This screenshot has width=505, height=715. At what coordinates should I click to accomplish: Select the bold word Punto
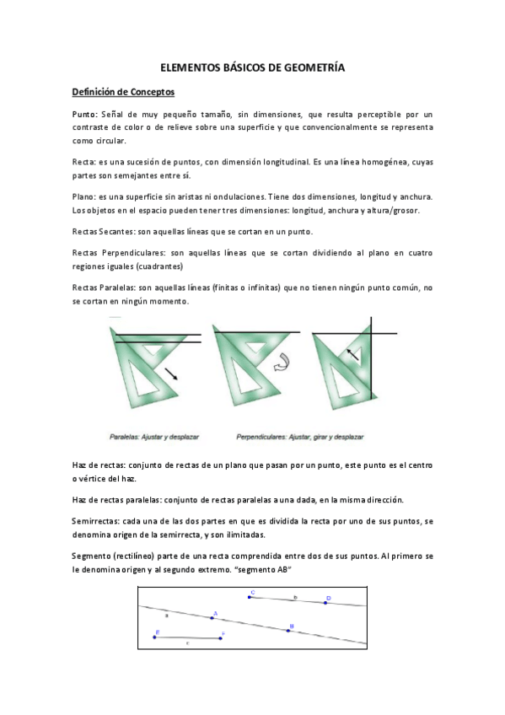pos(84,114)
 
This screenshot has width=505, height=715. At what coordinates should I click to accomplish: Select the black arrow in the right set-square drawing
pos(352,354)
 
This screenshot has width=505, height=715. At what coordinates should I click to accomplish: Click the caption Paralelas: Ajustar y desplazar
pos(151,438)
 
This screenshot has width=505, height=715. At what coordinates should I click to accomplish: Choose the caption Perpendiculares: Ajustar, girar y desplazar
pos(300,438)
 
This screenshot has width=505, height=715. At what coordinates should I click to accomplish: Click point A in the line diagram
pos(212,618)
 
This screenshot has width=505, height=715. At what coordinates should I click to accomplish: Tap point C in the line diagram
pos(250,598)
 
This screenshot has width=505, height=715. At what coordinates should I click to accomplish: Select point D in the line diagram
pos(326,602)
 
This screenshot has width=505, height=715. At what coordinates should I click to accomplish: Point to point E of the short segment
pos(155,637)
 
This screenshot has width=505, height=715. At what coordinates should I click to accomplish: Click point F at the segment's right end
pos(220,638)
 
